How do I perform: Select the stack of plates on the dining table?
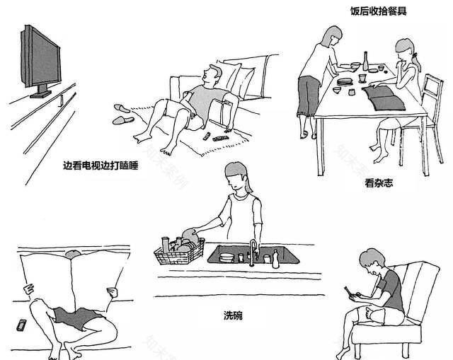pyautogui.click(x=345, y=82)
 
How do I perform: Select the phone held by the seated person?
pyautogui.click(x=348, y=290)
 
